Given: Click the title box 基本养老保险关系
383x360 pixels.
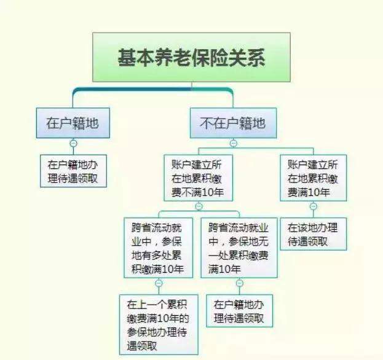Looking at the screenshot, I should click(192, 57).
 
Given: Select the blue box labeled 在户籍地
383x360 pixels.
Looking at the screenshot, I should click(73, 123).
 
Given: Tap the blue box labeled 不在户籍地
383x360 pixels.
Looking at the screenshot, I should click(233, 123).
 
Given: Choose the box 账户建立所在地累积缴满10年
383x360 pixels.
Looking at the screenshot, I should click(313, 178).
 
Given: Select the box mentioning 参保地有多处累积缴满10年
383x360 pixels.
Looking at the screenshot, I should click(159, 248).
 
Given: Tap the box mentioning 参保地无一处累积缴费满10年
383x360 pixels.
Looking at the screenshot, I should click(239, 248).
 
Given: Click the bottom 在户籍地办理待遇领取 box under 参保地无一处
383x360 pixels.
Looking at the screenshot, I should click(239, 311).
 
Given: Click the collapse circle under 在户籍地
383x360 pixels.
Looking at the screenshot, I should click(73, 144).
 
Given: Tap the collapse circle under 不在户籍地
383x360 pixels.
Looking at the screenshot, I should click(233, 144).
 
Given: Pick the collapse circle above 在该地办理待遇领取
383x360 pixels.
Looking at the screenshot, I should click(313, 206).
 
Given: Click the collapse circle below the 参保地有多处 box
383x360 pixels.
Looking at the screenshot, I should click(159, 283).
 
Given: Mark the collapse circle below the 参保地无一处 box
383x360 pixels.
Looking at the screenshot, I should click(239, 283).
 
